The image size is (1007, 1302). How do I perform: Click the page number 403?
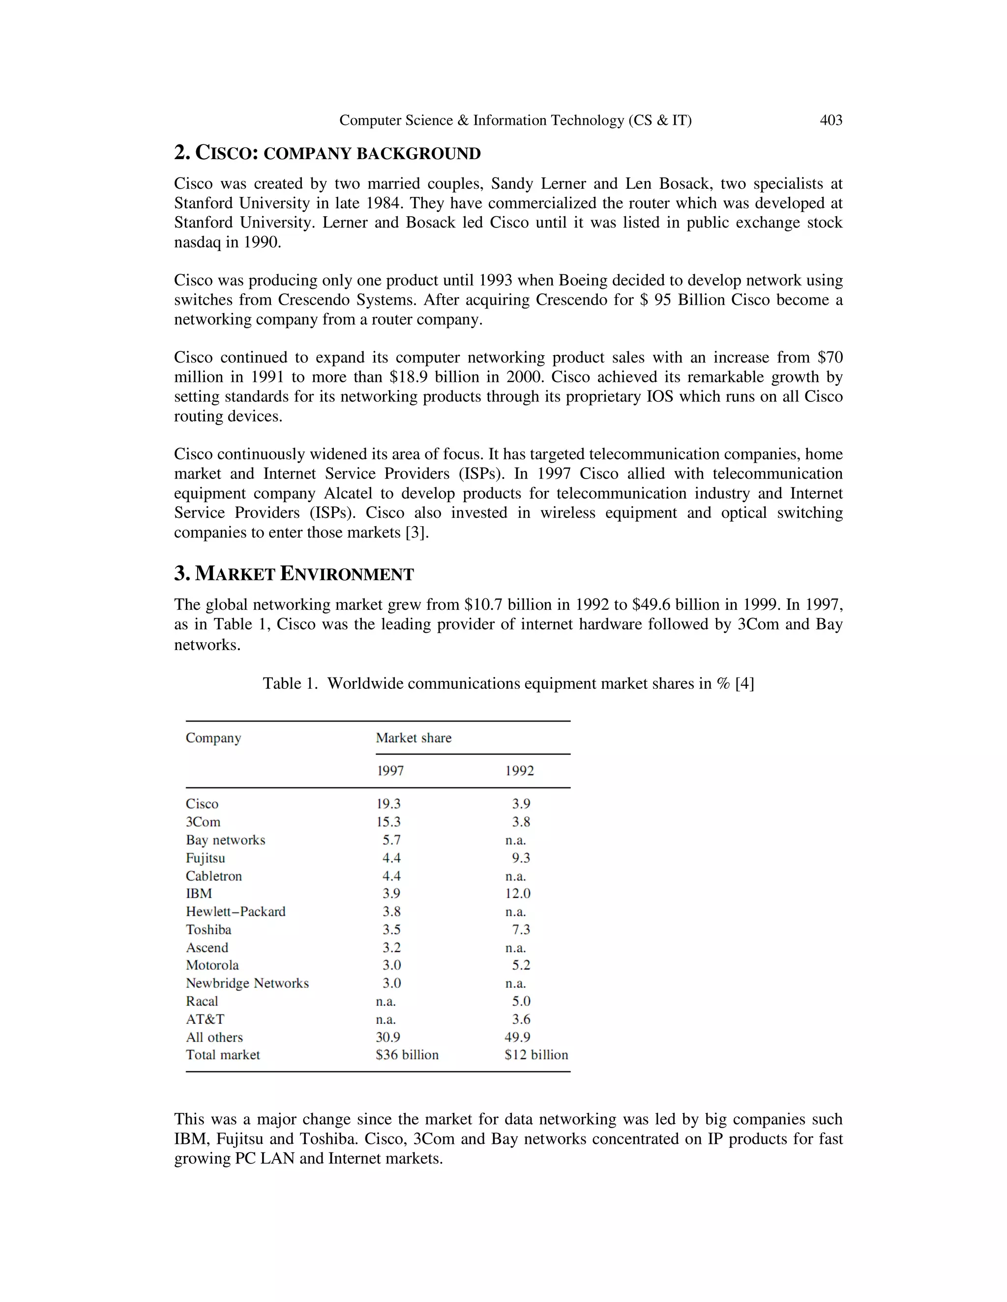tap(830, 120)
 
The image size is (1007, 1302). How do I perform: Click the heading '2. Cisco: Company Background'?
tap(327, 153)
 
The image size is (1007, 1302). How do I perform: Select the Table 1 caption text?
tap(508, 683)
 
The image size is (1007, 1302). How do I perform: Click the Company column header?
tap(213, 738)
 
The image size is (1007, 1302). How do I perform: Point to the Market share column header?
tap(414, 738)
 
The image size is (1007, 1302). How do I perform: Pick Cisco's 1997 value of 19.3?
tap(388, 804)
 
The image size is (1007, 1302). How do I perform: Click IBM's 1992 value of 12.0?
tap(517, 894)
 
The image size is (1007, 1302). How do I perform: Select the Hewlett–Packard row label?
tap(236, 911)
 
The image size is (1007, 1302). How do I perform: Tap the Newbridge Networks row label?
tap(247, 983)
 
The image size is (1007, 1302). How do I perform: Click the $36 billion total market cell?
tap(407, 1054)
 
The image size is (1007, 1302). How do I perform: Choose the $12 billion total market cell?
tap(536, 1054)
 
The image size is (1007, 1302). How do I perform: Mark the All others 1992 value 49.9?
tap(517, 1037)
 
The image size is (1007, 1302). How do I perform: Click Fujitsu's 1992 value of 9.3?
tap(521, 858)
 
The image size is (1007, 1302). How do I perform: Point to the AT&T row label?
tap(205, 1019)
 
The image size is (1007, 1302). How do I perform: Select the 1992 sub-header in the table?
tap(519, 771)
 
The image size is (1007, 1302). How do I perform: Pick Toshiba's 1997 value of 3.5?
tap(391, 930)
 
